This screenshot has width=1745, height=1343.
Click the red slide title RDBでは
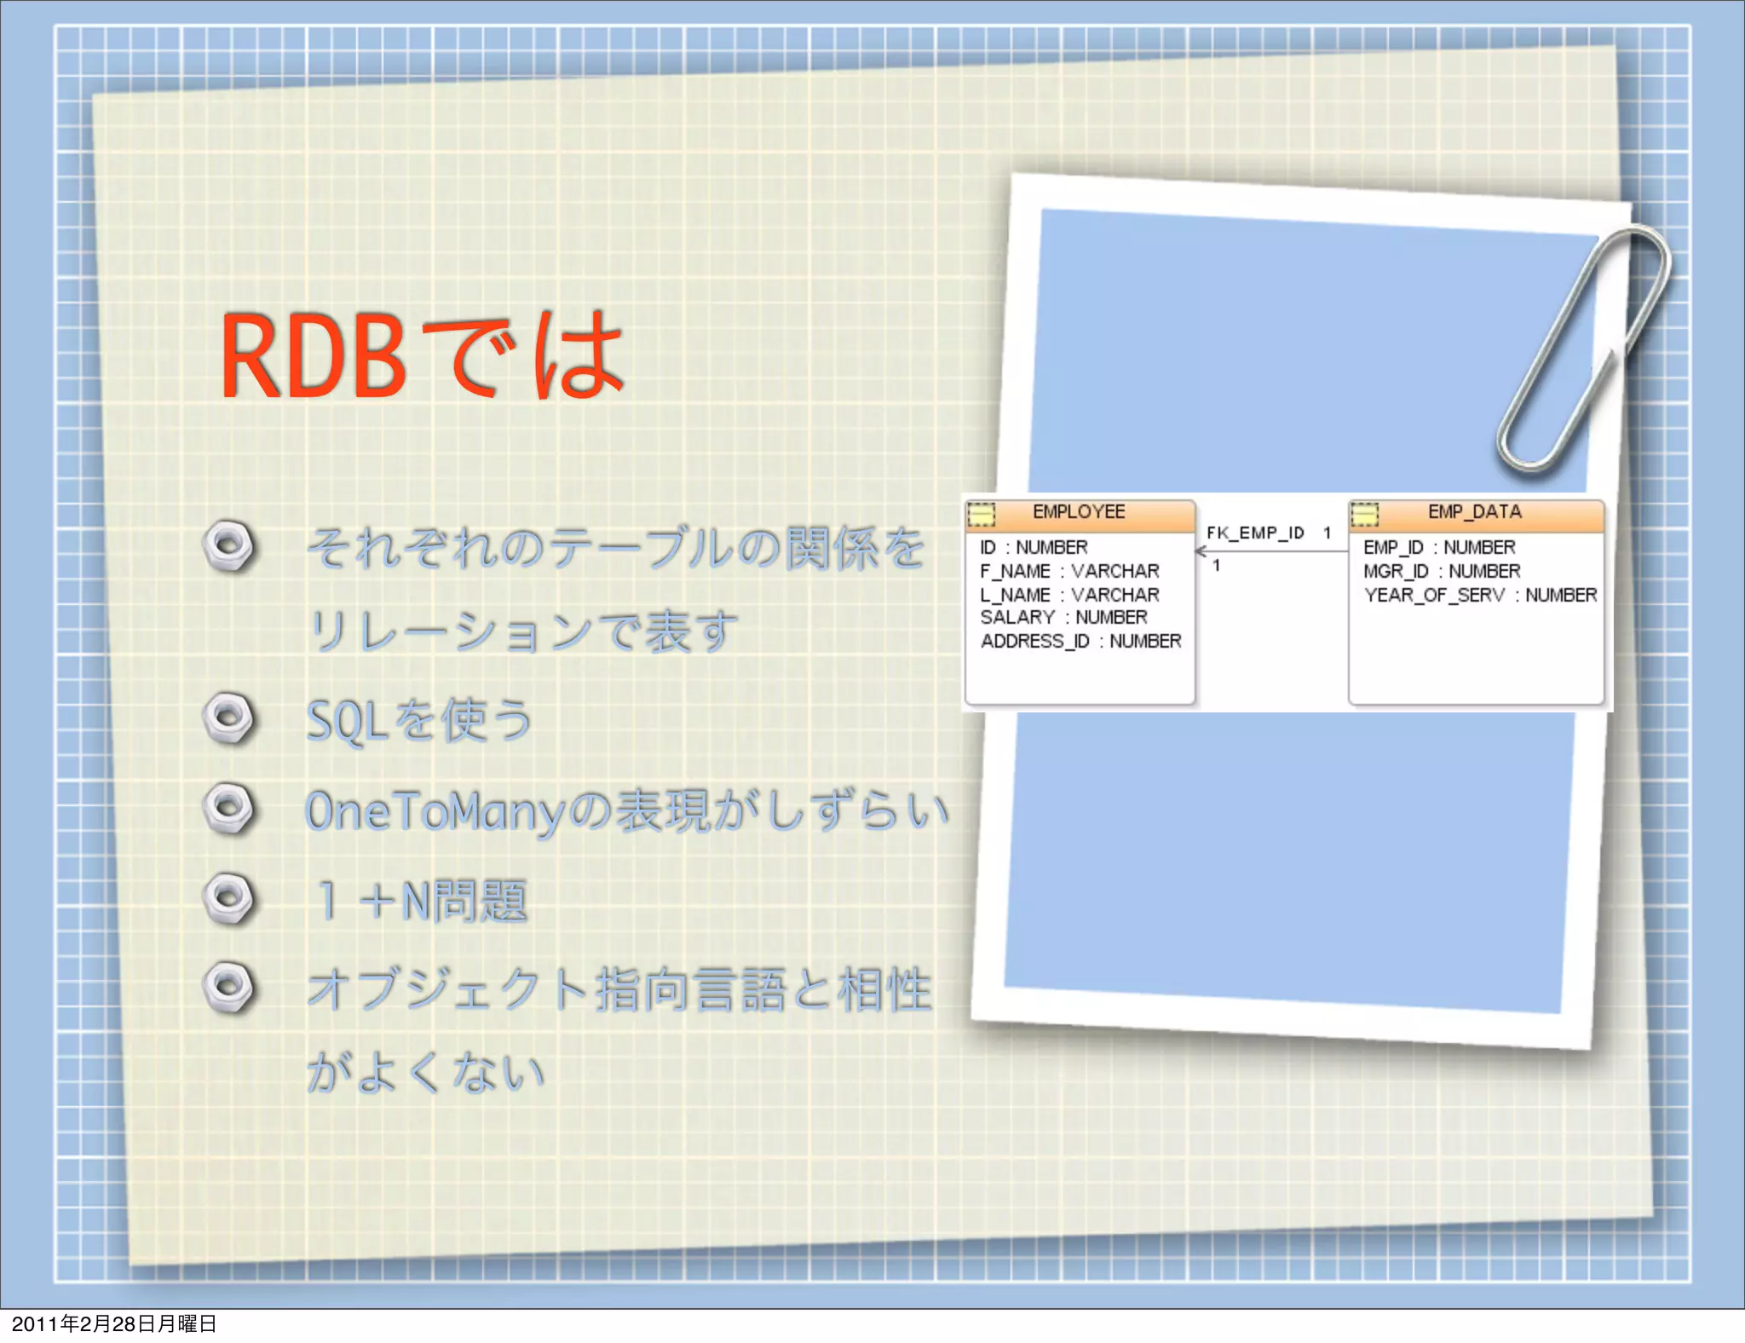tap(422, 356)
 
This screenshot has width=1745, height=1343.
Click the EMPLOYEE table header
tap(1079, 512)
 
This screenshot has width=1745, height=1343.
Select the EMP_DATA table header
tap(1475, 512)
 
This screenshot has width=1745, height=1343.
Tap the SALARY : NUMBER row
tap(1063, 617)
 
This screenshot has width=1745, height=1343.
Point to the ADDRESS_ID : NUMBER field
tap(1080, 641)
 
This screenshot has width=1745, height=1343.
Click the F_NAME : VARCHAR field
tap(1069, 571)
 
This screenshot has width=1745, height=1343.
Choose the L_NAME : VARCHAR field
tap(1069, 595)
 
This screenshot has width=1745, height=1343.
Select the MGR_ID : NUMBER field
tap(1442, 571)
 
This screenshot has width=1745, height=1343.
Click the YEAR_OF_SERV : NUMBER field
tap(1480, 595)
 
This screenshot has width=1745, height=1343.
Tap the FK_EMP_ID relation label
tap(1255, 533)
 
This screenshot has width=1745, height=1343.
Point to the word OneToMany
tap(435, 811)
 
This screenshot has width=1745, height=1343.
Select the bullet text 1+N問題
tap(422, 902)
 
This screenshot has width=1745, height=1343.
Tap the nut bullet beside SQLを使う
tap(228, 718)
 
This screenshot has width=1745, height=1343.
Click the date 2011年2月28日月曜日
tap(114, 1323)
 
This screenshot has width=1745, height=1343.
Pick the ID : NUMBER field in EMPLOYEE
tap(1034, 547)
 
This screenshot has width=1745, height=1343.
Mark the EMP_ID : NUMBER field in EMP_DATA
tap(1439, 547)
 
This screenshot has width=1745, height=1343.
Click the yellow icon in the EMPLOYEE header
tap(981, 514)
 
